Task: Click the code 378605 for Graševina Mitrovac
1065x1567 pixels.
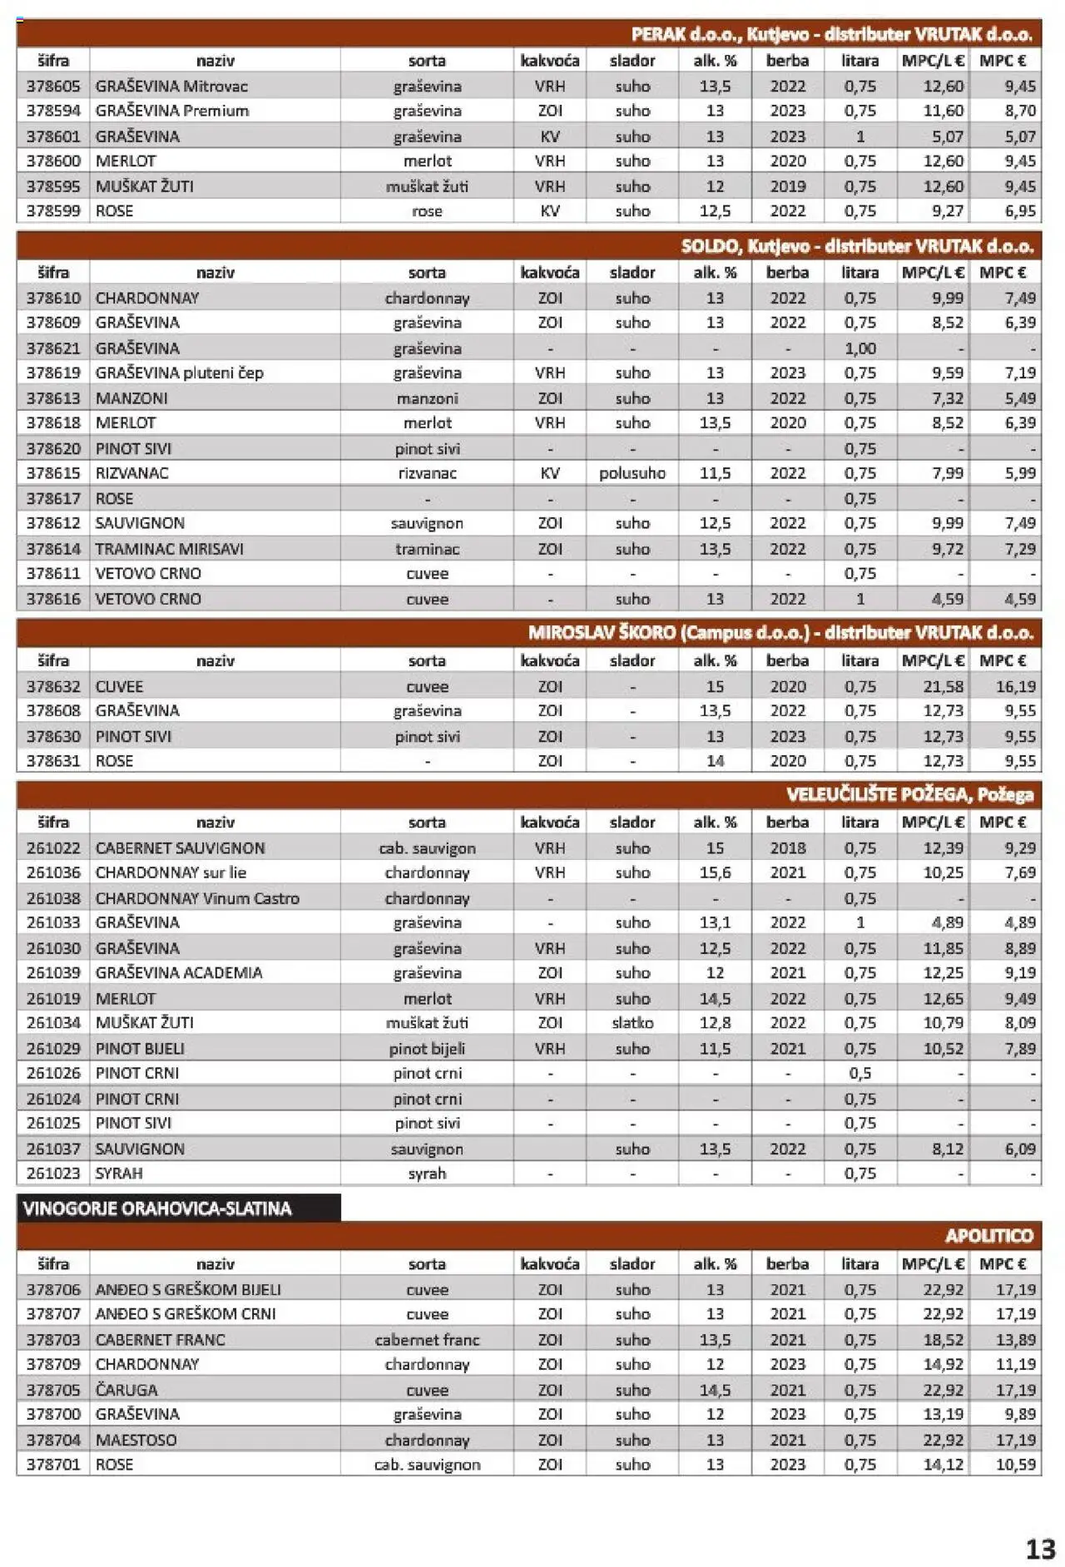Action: tap(53, 86)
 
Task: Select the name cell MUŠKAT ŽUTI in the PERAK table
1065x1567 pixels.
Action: tap(144, 186)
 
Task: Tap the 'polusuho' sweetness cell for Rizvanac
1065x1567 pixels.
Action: tap(632, 473)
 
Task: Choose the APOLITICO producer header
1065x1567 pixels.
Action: tap(988, 1236)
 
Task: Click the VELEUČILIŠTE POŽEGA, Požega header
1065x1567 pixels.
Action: tap(909, 794)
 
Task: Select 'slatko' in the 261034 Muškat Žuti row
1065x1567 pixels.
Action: tap(632, 1022)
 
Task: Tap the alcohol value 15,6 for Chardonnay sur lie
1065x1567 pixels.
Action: tap(715, 872)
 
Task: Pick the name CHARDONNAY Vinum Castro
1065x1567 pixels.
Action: tap(197, 898)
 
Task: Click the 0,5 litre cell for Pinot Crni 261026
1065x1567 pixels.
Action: tap(859, 1073)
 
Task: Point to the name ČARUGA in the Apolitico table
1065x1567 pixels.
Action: tap(126, 1390)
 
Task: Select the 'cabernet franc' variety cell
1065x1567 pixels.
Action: tap(427, 1339)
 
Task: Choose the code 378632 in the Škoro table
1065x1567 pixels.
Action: tap(53, 686)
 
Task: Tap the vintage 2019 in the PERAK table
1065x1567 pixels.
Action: tap(787, 186)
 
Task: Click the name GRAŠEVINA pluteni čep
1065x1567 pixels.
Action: tap(179, 373)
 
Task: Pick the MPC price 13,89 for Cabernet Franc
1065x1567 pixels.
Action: tap(1015, 1339)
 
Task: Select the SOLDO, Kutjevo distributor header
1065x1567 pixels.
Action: tap(856, 246)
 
